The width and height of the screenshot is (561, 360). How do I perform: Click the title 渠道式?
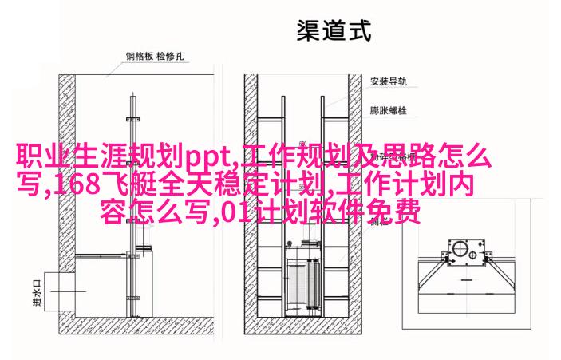[x=334, y=31]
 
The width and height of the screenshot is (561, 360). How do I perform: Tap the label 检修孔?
[x=170, y=56]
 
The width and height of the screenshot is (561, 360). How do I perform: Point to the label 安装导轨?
[x=389, y=81]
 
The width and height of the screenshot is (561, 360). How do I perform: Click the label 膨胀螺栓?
[x=389, y=110]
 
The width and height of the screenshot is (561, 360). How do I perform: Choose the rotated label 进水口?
[x=38, y=293]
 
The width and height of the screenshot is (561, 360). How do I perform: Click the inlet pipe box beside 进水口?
[x=60, y=291]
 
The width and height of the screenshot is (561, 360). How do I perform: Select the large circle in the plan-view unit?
[x=459, y=248]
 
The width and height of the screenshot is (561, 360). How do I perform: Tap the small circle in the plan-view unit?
[x=472, y=255]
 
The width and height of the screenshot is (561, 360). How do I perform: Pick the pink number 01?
[x=234, y=213]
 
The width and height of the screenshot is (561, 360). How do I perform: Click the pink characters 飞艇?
[x=129, y=184]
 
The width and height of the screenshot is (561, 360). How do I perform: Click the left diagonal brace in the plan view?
[x=433, y=274]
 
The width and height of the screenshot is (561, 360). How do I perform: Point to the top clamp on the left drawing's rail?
[x=132, y=119]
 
